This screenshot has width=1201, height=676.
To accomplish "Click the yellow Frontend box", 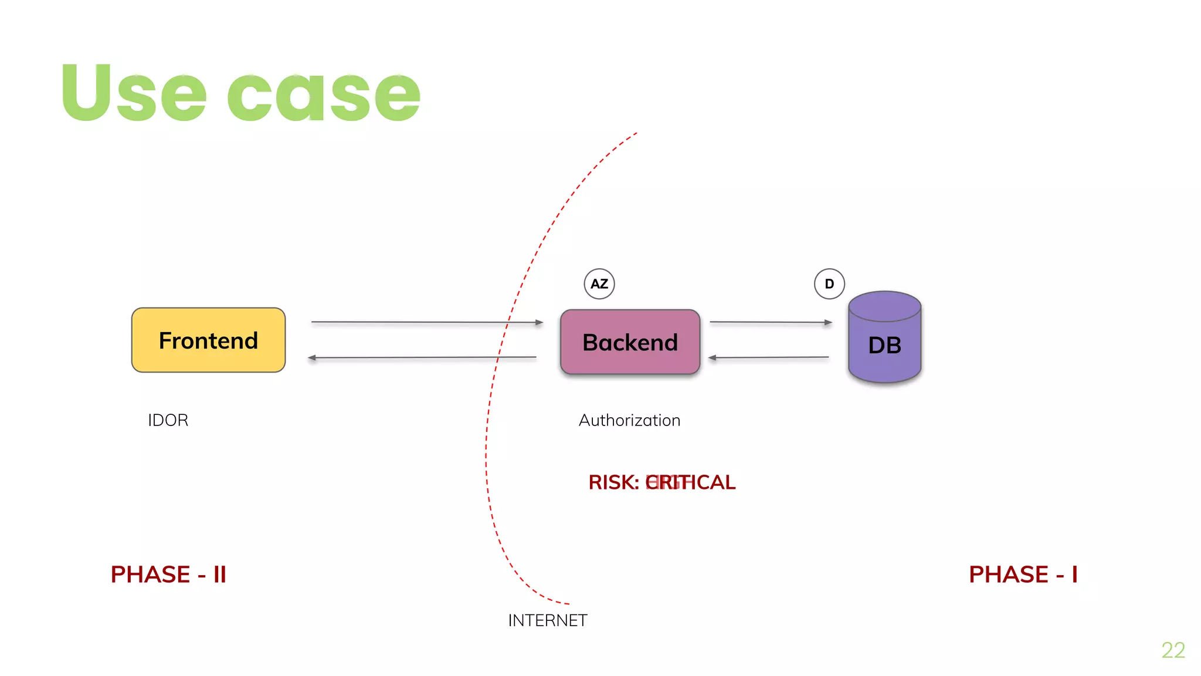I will (x=208, y=340).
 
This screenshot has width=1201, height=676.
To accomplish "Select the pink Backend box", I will (x=630, y=342).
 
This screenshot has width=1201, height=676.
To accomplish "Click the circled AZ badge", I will (x=599, y=284).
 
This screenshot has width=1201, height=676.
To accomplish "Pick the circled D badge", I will (x=829, y=284).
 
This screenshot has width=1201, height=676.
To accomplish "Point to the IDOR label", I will (x=168, y=420).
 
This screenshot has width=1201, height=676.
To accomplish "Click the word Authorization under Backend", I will (x=629, y=420).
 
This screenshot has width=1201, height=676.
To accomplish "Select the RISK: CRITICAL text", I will (x=661, y=482).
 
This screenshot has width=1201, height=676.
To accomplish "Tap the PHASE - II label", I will (x=168, y=574).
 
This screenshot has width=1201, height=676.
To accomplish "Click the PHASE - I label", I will (x=1023, y=574).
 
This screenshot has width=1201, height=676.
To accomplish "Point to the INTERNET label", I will (x=547, y=620).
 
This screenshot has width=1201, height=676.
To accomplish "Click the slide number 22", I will (x=1173, y=650).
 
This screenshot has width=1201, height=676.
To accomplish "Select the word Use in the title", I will (x=134, y=94).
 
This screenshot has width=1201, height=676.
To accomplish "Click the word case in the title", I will (x=324, y=97).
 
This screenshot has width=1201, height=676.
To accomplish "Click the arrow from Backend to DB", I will (x=771, y=322).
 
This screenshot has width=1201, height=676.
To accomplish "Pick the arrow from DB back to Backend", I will (x=768, y=357).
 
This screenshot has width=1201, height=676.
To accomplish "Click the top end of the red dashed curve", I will (x=636, y=134).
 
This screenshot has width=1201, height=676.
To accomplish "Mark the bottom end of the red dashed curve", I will (x=568, y=603).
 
